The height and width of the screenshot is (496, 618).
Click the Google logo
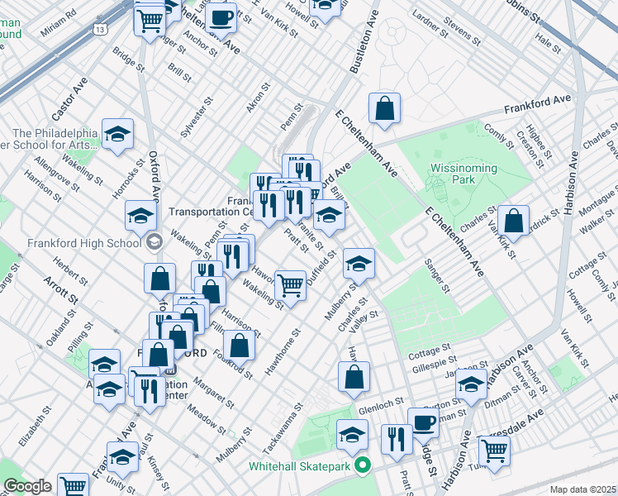pyautogui.click(x=27, y=486)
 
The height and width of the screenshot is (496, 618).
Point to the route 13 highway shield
pyautogui.click(x=99, y=29)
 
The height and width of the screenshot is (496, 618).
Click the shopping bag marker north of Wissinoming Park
pyautogui.click(x=385, y=107)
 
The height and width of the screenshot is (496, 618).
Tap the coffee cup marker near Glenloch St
pyautogui.click(x=424, y=422)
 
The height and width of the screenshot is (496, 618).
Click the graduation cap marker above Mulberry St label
pyautogui.click(x=359, y=264)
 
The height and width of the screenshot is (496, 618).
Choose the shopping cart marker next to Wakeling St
pyautogui.click(x=290, y=285)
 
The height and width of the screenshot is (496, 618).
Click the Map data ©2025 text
pyautogui.click(x=582, y=489)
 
